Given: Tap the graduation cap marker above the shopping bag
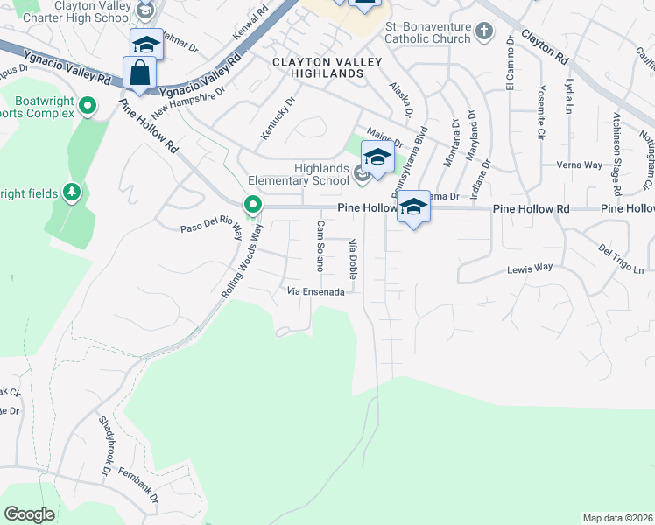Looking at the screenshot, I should click(x=146, y=45).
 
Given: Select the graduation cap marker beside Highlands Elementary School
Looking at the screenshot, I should click(x=377, y=158).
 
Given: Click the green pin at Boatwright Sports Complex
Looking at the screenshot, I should click(x=88, y=106).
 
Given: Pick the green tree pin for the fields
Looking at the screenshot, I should click(x=73, y=192).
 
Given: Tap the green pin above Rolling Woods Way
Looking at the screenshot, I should click(x=253, y=205).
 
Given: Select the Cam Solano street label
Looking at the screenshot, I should click(x=320, y=245).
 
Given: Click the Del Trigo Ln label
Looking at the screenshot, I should click(x=621, y=258).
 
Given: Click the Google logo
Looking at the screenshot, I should click(x=30, y=514).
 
